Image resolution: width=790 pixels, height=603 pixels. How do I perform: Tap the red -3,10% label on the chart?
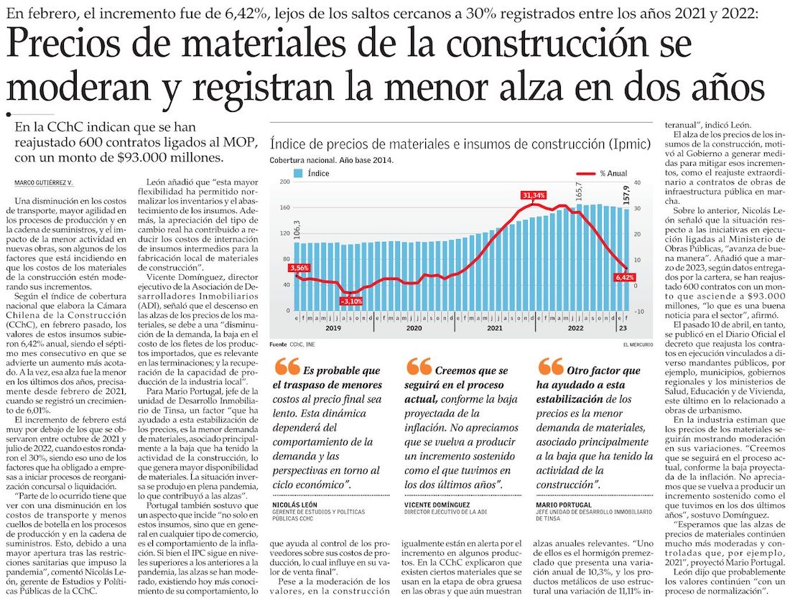coord(350,301)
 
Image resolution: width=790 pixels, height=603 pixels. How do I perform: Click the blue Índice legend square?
coord(297,174)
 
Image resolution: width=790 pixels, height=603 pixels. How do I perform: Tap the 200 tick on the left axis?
coord(284,182)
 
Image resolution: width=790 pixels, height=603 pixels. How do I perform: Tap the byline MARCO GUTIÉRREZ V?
coord(45,184)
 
